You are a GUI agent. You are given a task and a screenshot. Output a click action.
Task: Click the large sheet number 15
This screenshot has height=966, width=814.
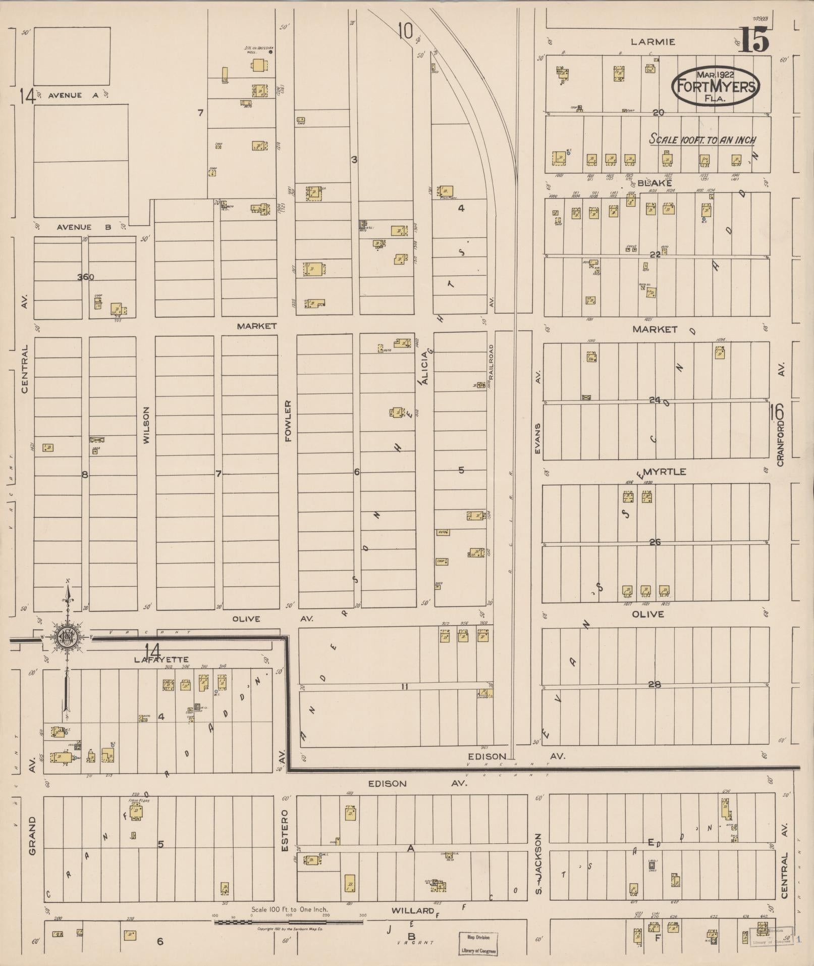[x=754, y=39]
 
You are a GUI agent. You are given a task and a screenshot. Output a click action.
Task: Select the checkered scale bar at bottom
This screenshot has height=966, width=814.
[x=289, y=922]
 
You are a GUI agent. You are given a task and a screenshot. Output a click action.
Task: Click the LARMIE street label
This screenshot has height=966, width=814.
[x=656, y=42]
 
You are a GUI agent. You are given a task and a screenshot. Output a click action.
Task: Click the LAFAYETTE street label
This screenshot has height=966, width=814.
[x=161, y=659]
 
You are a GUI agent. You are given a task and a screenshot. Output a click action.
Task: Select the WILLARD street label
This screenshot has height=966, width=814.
[x=412, y=910]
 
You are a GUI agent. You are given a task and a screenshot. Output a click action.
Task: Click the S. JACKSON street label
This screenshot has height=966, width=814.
[x=538, y=863]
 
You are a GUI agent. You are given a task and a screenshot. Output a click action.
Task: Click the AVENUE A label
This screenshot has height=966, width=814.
[x=66, y=95]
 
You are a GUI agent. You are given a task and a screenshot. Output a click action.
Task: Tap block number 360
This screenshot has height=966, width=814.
[x=86, y=277]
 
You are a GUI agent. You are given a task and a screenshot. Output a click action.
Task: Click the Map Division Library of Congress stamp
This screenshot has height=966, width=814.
[x=477, y=943]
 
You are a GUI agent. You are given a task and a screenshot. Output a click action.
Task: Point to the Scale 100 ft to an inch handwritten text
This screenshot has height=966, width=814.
[x=702, y=139]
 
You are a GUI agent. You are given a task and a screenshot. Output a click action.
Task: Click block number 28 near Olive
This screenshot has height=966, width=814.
[x=655, y=684]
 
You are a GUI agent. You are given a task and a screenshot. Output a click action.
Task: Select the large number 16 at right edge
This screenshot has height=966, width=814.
[x=777, y=413]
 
